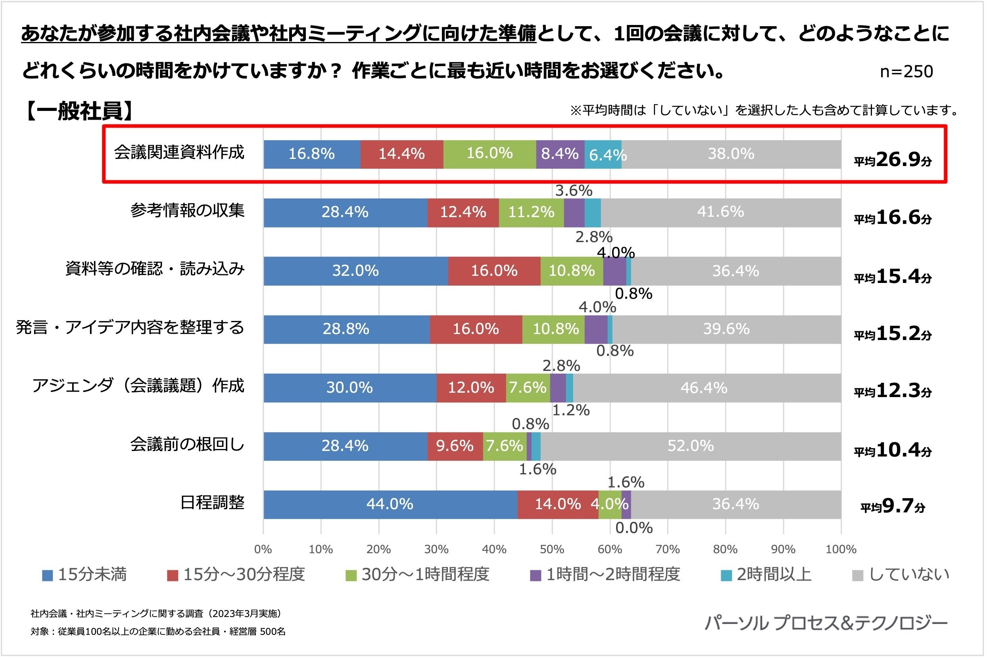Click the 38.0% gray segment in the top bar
pos(731,154)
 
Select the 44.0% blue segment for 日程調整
pos(390,504)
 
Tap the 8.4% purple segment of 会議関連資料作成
pos(560,154)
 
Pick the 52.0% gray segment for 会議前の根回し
pos(690,446)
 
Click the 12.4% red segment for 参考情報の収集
pos(463,212)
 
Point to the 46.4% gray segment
pos(704,388)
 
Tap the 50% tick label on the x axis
pos(551,550)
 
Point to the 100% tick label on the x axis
pos(841,550)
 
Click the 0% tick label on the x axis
pos(263,550)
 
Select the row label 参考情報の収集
pos(187,211)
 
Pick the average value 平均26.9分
pos(893,160)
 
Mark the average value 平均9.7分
pos(893,506)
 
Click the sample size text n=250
pos(906,72)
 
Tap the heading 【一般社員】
pos(79,111)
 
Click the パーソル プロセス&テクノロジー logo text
pos(826,623)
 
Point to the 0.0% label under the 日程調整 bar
pos(634,528)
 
